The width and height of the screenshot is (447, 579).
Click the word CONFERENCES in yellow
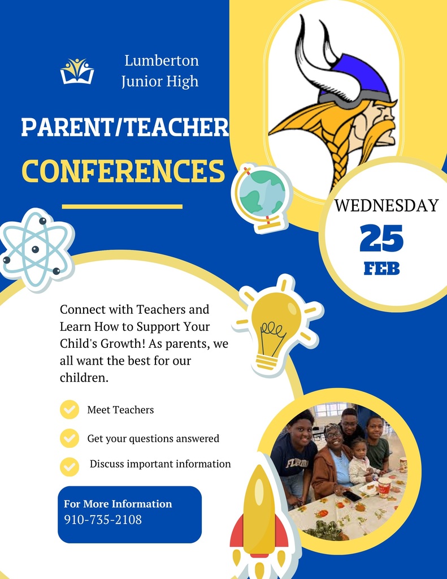[123, 171]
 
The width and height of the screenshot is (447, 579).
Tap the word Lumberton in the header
[161, 61]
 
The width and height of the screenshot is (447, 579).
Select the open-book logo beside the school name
[77, 71]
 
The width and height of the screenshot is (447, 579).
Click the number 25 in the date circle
[381, 239]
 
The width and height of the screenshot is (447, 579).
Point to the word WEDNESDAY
[387, 205]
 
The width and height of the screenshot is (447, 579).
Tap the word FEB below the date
[381, 268]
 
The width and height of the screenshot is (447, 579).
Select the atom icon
[36, 249]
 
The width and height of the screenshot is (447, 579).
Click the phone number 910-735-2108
[103, 519]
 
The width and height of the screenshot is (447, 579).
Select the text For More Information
[118, 504]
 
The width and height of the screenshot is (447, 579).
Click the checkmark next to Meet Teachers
[70, 409]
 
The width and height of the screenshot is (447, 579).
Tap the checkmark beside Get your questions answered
[70, 438]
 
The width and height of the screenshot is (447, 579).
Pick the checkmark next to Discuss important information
[70, 466]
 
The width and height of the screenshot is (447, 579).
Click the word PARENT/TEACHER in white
[125, 128]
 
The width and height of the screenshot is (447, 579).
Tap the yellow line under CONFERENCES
[122, 206]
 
